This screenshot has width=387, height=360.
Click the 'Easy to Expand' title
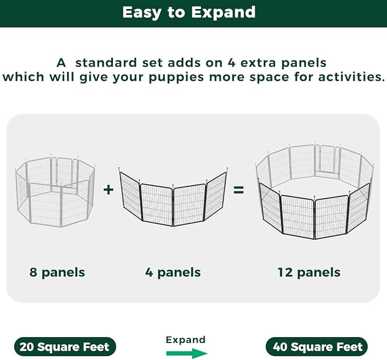point(189,12)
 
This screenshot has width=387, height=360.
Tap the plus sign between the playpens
point(108,190)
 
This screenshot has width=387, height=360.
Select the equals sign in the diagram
point(238,190)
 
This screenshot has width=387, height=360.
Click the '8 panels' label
point(57,272)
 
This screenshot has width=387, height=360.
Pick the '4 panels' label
point(173,272)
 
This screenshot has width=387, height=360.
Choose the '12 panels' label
point(309,272)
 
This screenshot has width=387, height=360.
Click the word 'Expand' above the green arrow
point(186,340)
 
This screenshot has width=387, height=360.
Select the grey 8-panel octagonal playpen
point(55,190)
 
